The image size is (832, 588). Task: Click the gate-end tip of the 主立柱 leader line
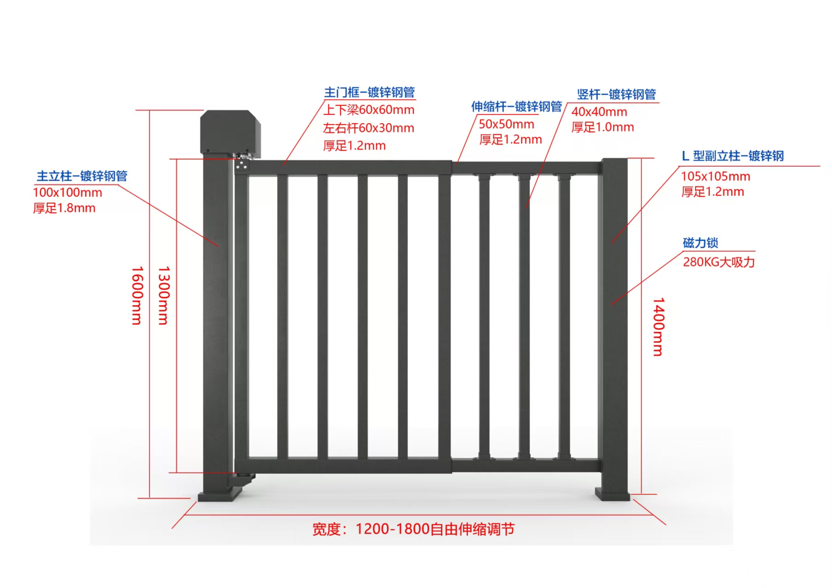pyautogui.click(x=218, y=246)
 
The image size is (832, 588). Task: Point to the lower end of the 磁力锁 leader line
pyautogui.click(x=611, y=305)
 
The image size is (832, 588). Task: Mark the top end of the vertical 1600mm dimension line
pyautogui.click(x=150, y=110)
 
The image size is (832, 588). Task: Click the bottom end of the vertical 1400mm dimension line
pyautogui.click(x=641, y=494)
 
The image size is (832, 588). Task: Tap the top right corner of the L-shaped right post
pyautogui.click(x=628, y=159)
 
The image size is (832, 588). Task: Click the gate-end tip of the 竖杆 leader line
pyautogui.click(x=526, y=208)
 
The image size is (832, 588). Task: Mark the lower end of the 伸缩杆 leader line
pyautogui.click(x=457, y=163)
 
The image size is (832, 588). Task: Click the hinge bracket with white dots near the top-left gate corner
pyautogui.click(x=242, y=165)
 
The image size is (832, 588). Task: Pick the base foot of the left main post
pyautogui.click(x=220, y=495)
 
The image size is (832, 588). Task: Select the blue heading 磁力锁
pyautogui.click(x=700, y=243)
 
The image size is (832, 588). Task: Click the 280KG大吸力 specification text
pyautogui.click(x=719, y=262)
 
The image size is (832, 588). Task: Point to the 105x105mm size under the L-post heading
pyautogui.click(x=715, y=176)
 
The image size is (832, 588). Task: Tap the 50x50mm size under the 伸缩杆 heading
pyautogui.click(x=507, y=124)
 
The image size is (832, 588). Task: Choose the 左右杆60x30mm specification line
pyautogui.click(x=369, y=128)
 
